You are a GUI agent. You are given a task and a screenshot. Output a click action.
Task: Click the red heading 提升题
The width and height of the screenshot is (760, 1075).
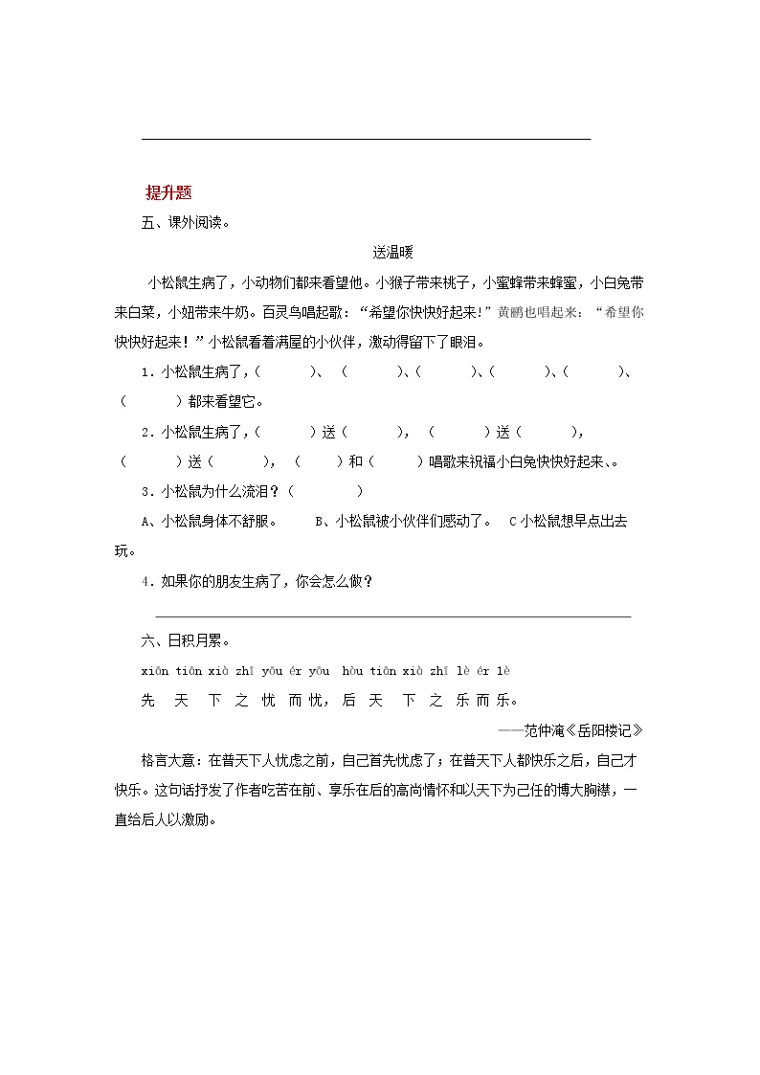pos(168,192)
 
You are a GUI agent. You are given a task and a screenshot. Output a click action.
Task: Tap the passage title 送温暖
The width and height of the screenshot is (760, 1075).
pos(391,253)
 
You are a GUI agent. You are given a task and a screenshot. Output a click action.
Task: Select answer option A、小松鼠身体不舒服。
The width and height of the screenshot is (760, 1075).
pos(210,522)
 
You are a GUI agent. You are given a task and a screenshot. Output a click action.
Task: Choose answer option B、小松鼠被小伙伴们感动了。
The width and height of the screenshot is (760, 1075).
pos(403,522)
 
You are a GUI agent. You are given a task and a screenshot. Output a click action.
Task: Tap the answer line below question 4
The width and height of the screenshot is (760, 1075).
pos(392,616)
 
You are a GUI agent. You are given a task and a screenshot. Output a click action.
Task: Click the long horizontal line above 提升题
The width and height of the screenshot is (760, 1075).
pos(366,140)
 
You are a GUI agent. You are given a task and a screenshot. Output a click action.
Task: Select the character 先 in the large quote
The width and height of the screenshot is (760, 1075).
pos(148,701)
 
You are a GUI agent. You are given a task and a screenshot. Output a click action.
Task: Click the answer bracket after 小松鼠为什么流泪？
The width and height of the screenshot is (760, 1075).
pos(325,491)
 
